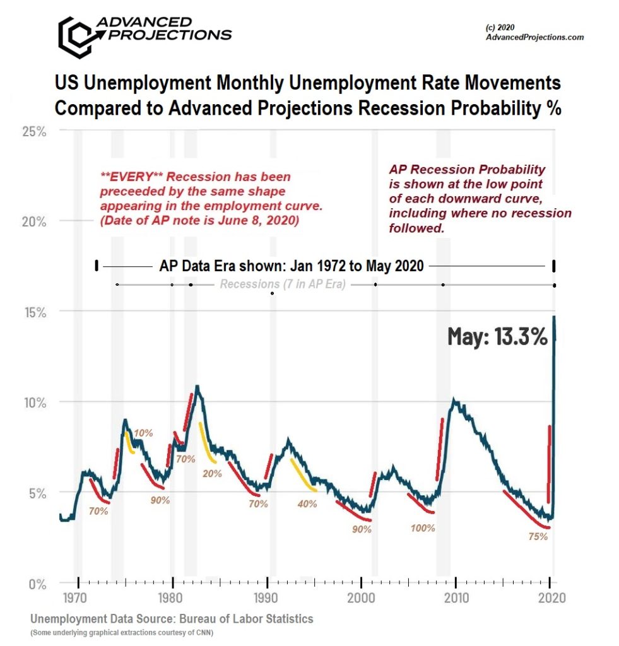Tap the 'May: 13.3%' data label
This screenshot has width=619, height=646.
point(497,337)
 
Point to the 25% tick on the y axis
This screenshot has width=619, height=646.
point(33,131)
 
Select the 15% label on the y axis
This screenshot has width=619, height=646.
point(33,312)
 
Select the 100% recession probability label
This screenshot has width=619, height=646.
point(423,528)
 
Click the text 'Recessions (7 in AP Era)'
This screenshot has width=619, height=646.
point(282,285)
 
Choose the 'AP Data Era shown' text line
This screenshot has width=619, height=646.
point(291,266)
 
